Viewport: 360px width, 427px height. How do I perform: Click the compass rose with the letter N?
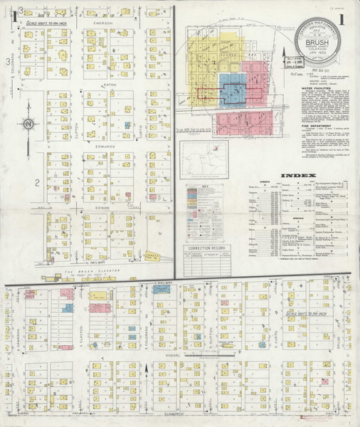(27, 125)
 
